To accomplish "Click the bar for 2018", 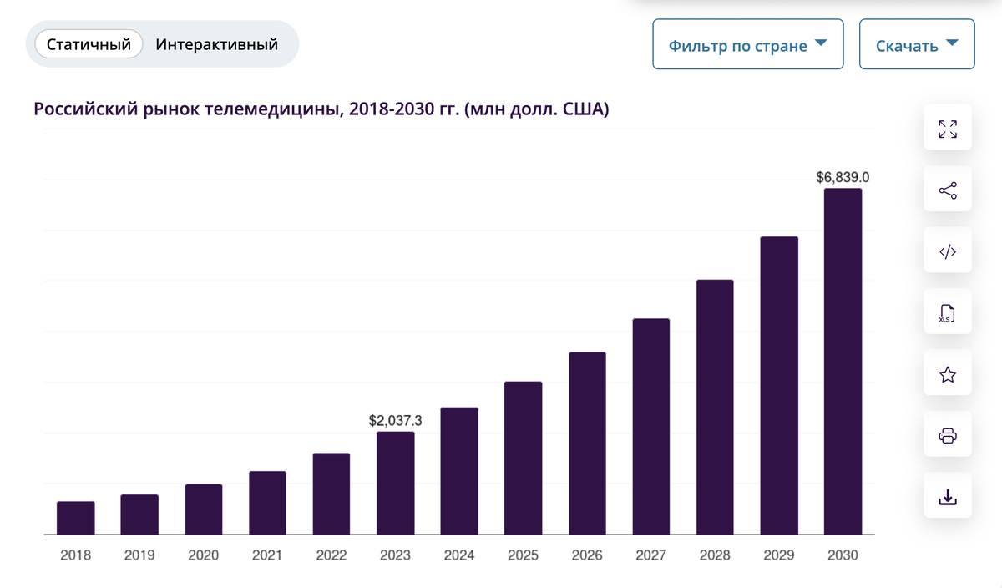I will tap(75, 518).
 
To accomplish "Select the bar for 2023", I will tap(395, 483).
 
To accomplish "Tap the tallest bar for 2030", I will tap(843, 361).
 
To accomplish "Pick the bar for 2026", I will tap(587, 443).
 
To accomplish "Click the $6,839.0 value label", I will tap(843, 177).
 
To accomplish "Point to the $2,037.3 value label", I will tap(395, 421).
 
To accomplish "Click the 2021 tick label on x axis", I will tap(267, 555).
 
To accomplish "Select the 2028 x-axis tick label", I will tap(715, 555).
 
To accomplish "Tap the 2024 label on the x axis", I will tap(459, 555).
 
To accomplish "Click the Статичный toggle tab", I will tap(89, 44).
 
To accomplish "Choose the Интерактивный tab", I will tap(216, 44).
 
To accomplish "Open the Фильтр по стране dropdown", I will tap(747, 45).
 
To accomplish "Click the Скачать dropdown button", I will tap(917, 45).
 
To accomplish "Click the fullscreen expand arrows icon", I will tap(948, 129).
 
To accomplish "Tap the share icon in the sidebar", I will tap(948, 190).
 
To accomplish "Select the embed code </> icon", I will tap(948, 251).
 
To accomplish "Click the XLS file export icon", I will tap(948, 313).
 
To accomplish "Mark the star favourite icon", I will tap(948, 374).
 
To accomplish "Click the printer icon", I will tap(948, 435).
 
